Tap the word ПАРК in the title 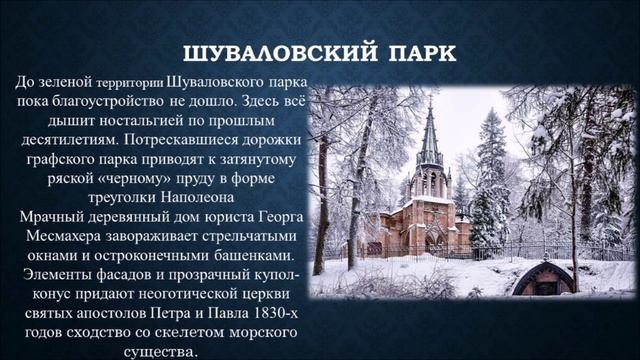click(408, 51)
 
